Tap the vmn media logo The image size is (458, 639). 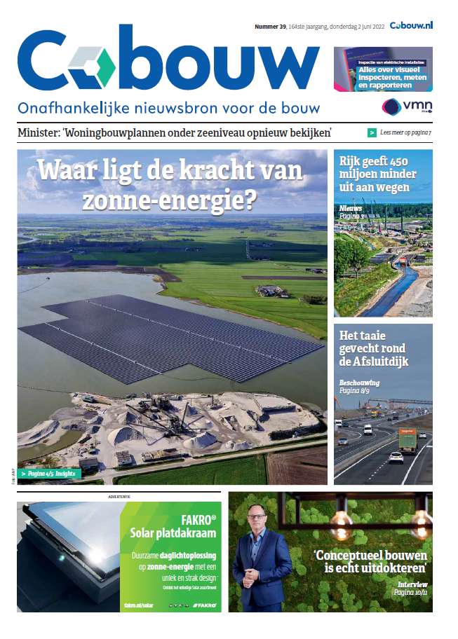pyautogui.click(x=407, y=106)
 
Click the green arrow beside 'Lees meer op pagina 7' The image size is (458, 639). pyautogui.click(x=372, y=132)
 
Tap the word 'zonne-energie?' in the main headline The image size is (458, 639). pyautogui.click(x=168, y=200)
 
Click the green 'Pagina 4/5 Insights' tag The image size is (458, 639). pyautogui.click(x=50, y=474)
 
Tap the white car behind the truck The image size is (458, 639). pyautogui.click(x=396, y=458)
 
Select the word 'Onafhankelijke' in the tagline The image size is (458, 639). pyautogui.click(x=67, y=109)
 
